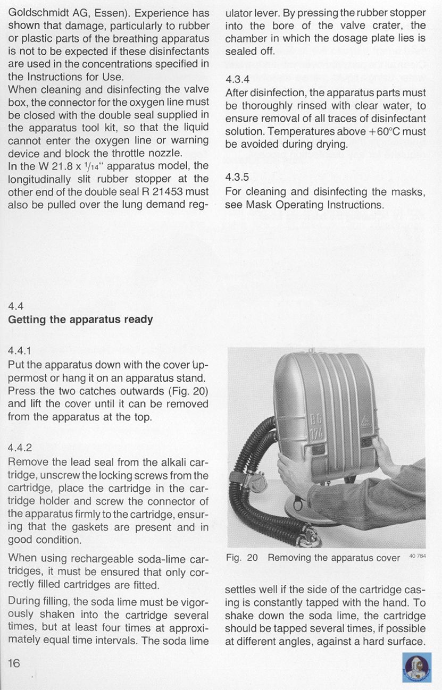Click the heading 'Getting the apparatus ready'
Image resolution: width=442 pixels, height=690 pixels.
[80, 319]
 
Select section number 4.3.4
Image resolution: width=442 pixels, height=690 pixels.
[237, 79]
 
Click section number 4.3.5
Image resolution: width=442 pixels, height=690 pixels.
[237, 178]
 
